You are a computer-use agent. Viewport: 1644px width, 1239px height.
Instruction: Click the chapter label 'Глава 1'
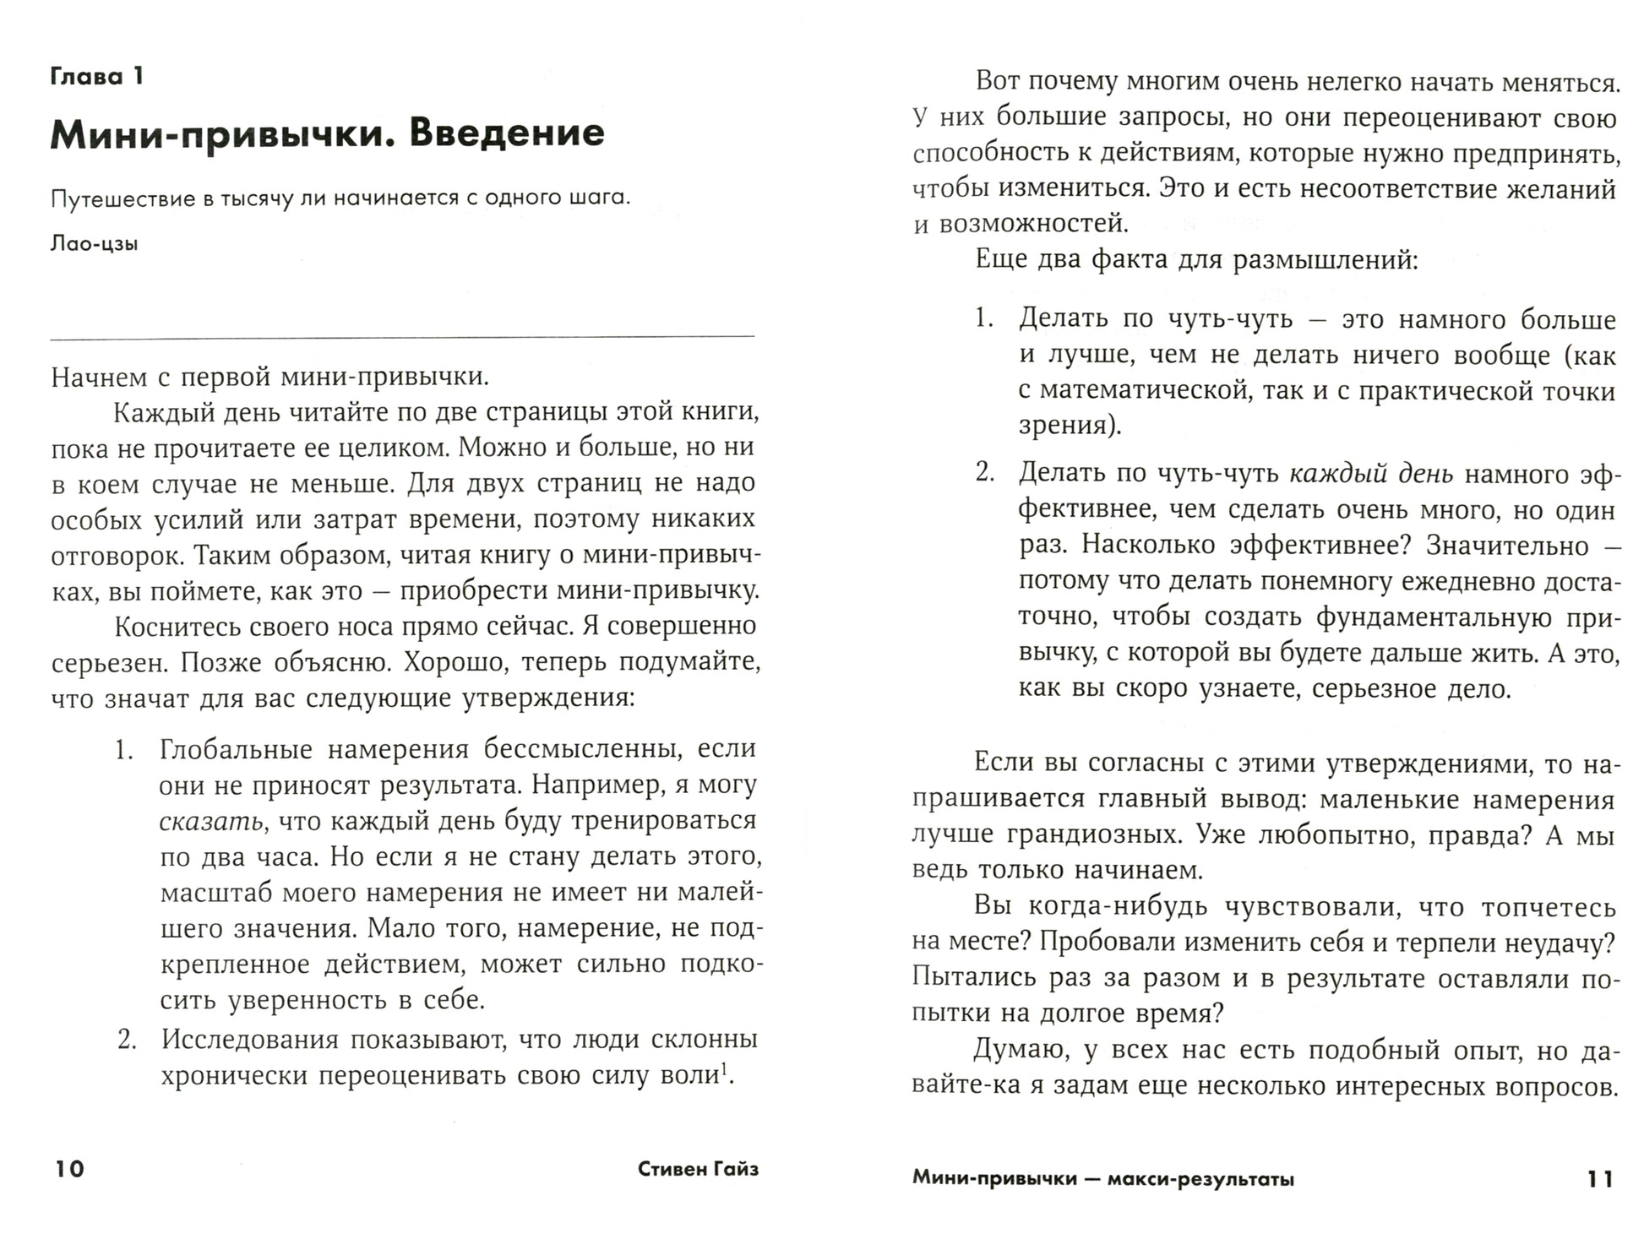tap(97, 77)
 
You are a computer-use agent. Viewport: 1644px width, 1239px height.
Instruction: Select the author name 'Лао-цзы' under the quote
tap(95, 244)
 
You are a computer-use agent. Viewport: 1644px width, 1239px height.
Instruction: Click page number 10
tap(70, 1169)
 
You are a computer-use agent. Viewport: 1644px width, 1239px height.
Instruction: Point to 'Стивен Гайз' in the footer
tap(698, 1169)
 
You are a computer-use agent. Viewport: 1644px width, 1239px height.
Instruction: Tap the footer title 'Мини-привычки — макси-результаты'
tap(1102, 1179)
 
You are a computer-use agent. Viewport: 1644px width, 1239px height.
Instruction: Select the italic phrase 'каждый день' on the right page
tap(1370, 474)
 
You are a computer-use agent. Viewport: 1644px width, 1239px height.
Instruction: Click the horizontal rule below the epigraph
tap(402, 337)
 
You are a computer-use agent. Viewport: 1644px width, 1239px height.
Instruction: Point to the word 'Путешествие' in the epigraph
tap(122, 198)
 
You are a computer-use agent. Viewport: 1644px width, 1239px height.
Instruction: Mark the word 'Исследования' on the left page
tap(250, 1040)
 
